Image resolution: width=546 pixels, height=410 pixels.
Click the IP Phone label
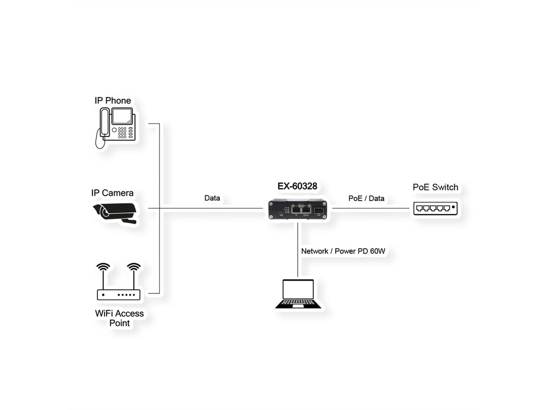coord(112,101)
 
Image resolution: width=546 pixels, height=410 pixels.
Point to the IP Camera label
coord(112,193)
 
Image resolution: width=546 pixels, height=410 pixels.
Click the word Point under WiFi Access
coord(119,323)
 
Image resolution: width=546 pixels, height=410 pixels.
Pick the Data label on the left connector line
coord(212,198)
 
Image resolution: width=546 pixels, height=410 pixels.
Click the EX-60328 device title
coord(297,186)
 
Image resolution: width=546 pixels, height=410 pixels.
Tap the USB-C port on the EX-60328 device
coord(281,212)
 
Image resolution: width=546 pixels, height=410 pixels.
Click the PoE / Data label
coord(366,198)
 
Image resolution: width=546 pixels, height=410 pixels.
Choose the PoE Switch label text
coord(435,187)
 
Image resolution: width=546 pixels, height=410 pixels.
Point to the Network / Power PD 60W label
coord(340,251)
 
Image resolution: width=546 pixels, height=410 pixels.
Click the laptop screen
coord(298,289)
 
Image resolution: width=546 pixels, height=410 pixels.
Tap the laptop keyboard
coord(298,303)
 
